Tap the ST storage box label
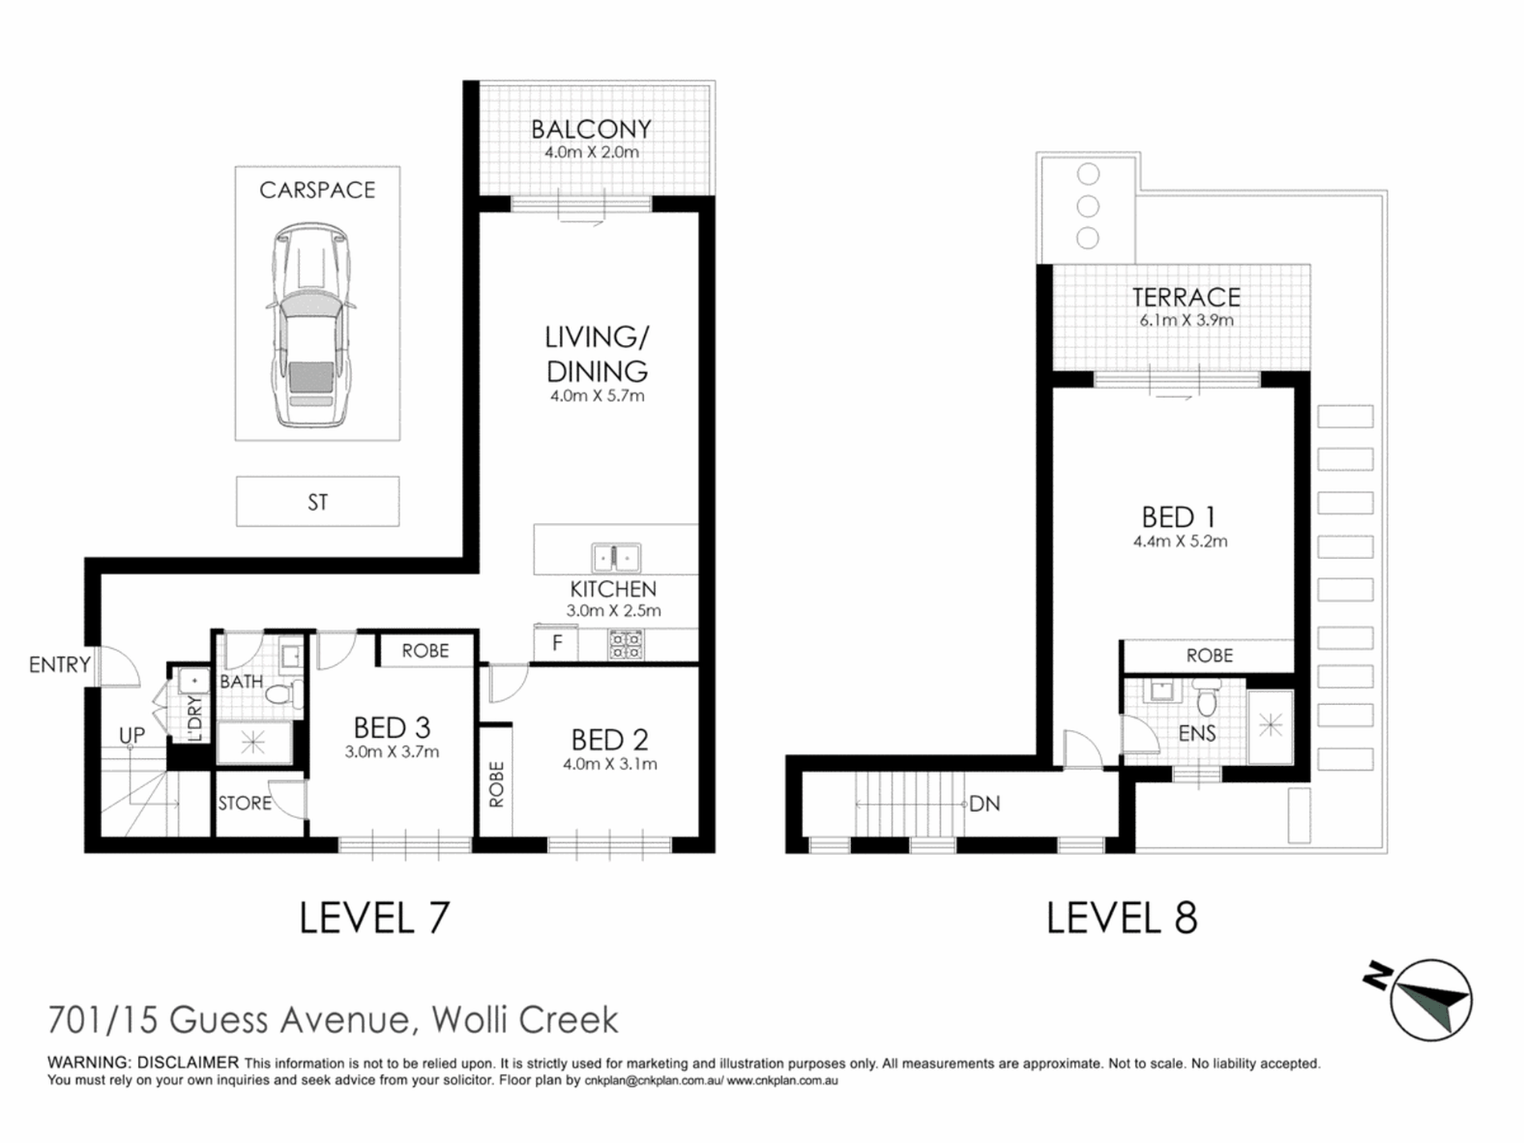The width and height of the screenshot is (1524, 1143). pos(318,503)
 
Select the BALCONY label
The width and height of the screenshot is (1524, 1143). pos(591,129)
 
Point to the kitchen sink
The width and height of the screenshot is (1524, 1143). pos(616,557)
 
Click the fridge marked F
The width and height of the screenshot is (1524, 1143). pos(557,643)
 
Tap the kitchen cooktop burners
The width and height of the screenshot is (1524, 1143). pos(626,645)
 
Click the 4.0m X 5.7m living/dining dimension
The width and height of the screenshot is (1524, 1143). pos(598,395)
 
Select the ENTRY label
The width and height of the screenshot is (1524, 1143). pos(59,665)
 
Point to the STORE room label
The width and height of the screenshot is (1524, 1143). pos(245,803)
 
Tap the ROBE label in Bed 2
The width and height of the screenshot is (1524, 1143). pos(497,784)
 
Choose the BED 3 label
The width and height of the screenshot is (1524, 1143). pos(392,728)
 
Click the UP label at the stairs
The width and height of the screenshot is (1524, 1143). pos(132,736)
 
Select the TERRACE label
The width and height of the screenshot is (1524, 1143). pos(1186,298)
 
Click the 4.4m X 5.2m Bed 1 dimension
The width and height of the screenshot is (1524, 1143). pos(1181,541)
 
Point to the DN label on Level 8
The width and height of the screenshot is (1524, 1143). pos(985,804)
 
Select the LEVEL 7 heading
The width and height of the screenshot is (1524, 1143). pos(375,918)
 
